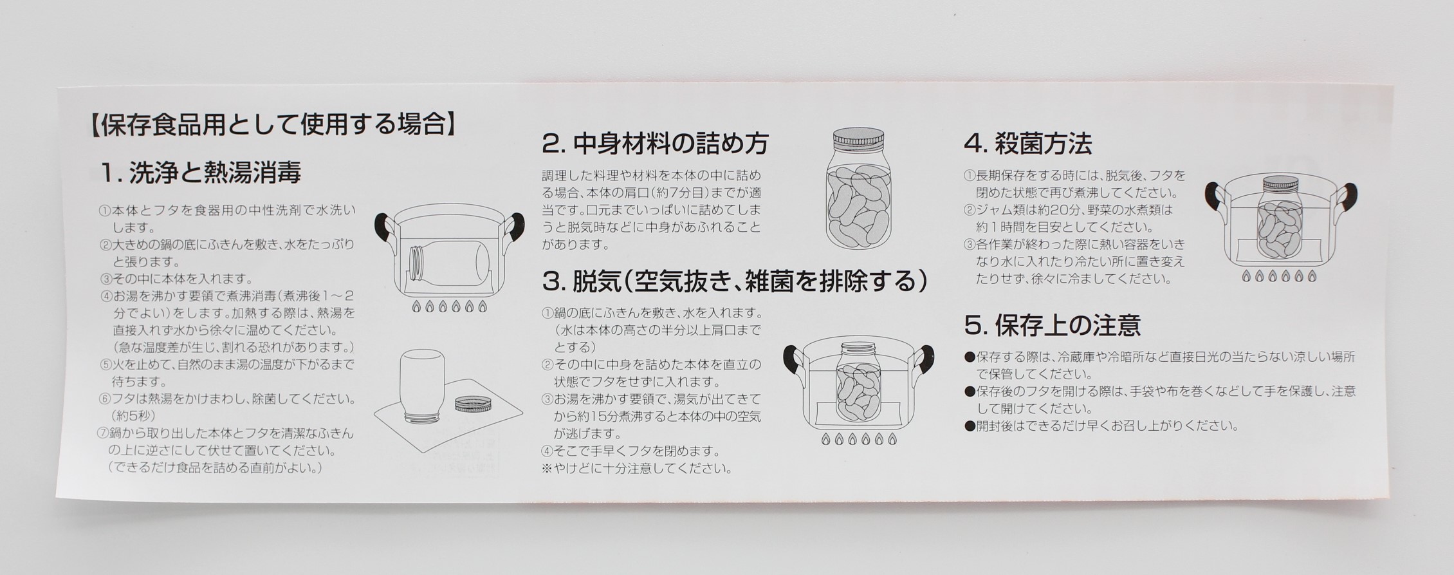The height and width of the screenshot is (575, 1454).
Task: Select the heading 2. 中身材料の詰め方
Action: point(656,144)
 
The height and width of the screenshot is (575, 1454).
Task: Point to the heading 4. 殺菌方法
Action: point(1028,143)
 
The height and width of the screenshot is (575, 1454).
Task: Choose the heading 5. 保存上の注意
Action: point(1053,325)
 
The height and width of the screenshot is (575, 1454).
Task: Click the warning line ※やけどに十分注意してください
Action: point(637,469)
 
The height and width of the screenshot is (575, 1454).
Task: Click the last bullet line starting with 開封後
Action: point(1101,426)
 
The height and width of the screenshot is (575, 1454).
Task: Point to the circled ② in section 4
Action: point(970,210)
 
